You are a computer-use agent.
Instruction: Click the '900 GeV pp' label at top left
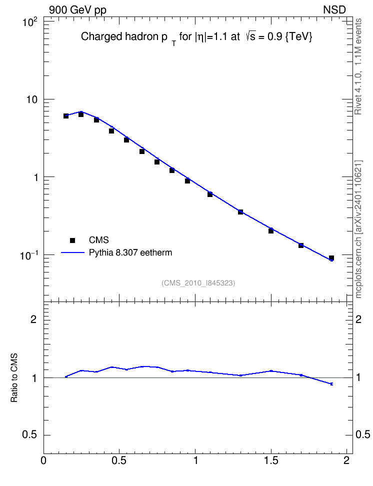[77, 10]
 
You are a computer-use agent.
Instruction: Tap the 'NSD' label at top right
[334, 10]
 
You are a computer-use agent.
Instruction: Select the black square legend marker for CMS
[72, 240]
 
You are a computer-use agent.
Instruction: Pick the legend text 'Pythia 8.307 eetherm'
[130, 252]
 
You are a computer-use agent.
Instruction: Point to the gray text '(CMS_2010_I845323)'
[198, 283]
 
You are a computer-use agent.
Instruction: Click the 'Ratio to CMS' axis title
[14, 377]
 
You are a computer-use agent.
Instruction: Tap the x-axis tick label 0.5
[119, 460]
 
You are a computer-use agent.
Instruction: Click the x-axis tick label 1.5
[271, 460]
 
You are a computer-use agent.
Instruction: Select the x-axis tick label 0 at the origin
[43, 460]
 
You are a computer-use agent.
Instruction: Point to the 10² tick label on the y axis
[30, 22]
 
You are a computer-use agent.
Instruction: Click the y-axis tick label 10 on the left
[32, 99]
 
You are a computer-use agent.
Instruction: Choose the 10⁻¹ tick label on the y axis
[28, 255]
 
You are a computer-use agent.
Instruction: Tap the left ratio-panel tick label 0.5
[30, 435]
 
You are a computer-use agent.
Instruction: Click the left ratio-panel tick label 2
[34, 319]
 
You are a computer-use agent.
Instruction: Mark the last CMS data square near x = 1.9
[331, 258]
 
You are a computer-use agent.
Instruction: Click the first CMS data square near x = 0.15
[65, 116]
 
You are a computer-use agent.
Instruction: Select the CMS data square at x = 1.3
[240, 212]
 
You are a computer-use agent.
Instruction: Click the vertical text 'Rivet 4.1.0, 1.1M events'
[358, 66]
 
